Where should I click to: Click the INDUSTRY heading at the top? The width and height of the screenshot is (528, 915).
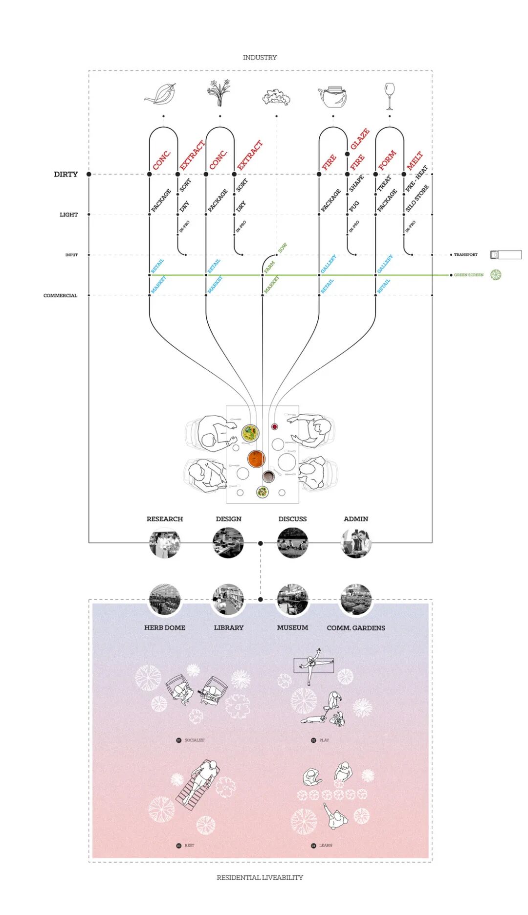[x=260, y=57]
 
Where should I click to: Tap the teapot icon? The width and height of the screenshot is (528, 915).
[x=333, y=96]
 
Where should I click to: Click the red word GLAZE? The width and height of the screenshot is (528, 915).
[x=360, y=139]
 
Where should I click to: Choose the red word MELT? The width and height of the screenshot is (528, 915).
[x=415, y=161]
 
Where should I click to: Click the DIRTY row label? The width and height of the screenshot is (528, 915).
[x=66, y=174]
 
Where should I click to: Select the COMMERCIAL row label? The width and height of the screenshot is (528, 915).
[x=60, y=295]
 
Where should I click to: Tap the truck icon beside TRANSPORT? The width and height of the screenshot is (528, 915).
[x=506, y=254]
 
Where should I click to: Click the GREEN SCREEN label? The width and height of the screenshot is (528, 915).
[x=468, y=275]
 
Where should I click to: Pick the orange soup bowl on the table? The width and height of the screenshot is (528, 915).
[x=256, y=459]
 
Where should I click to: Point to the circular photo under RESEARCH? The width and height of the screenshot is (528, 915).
[x=165, y=543]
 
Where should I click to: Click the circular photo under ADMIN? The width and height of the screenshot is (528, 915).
[x=356, y=543]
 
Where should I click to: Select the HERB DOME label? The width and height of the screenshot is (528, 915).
[x=165, y=627]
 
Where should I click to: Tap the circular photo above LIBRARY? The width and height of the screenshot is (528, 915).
[x=228, y=600]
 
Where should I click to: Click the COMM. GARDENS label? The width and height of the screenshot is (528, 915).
[x=356, y=628]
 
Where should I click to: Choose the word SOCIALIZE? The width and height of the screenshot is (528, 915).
[x=195, y=740]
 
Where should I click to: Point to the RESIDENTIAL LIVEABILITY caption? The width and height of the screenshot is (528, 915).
[x=260, y=877]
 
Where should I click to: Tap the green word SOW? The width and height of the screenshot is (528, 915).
[x=283, y=248]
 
